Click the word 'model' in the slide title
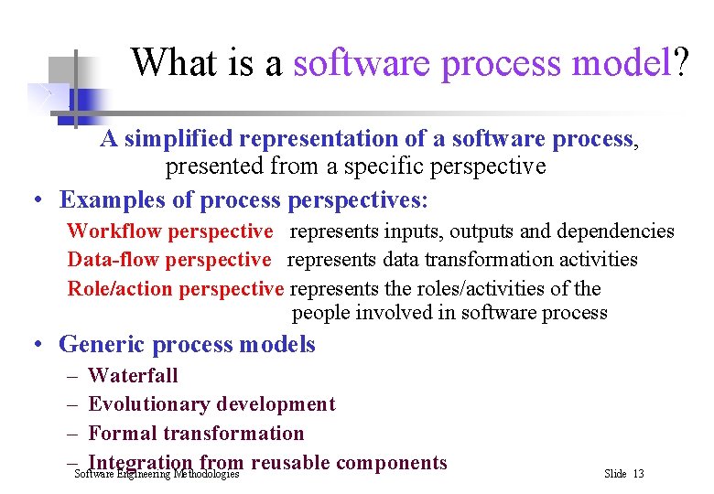[x=622, y=63]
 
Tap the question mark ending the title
[x=683, y=63]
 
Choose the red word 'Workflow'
[x=114, y=232]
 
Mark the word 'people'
[x=322, y=313]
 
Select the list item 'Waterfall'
[x=133, y=375]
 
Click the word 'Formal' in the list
[x=122, y=434]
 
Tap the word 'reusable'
[x=287, y=463]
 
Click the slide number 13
[x=638, y=474]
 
